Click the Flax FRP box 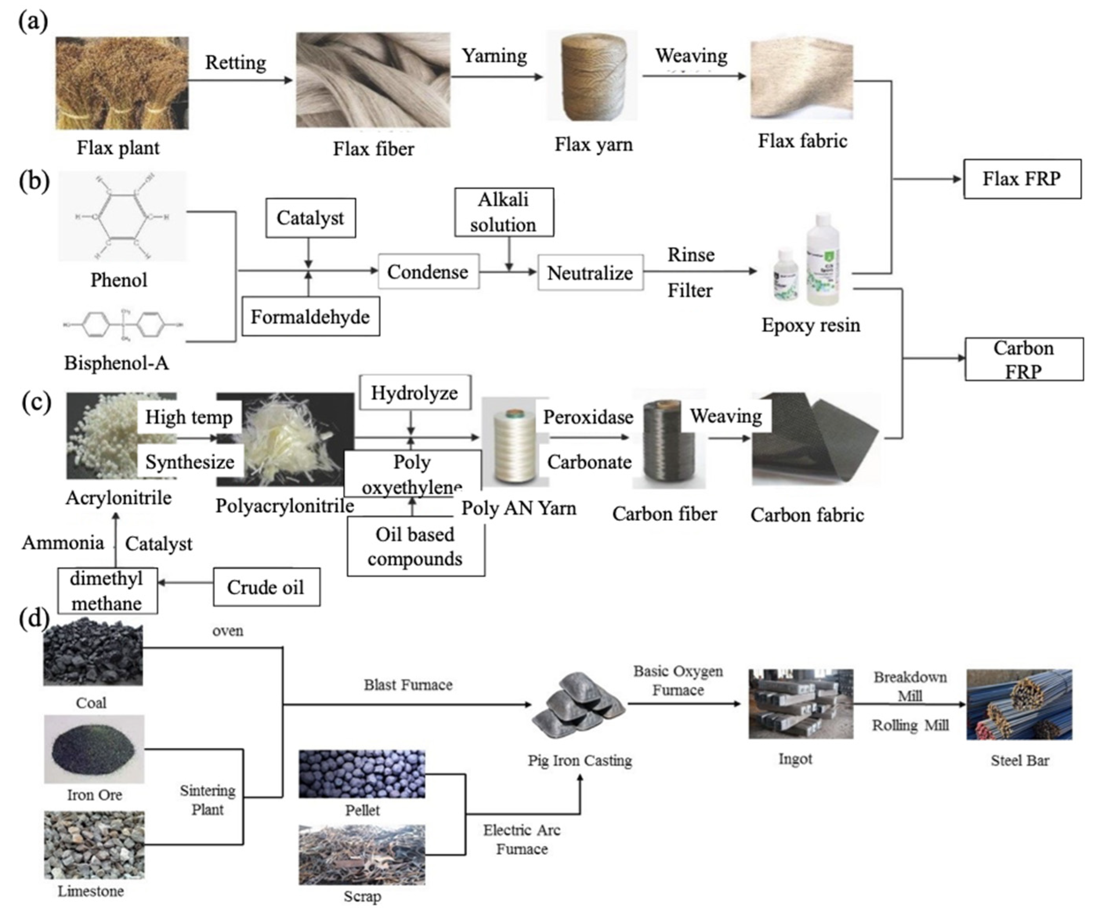point(1022,179)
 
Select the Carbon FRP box point(1023,359)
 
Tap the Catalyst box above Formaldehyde point(311,218)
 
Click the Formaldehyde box point(311,316)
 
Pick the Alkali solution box point(504,212)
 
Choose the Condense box point(428,271)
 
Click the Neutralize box point(590,273)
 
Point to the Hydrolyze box point(415,393)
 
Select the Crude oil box point(266,587)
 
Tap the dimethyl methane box point(107,590)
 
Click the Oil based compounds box point(415,546)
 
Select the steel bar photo point(1019,704)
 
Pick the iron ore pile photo point(94,748)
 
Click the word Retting point(235,63)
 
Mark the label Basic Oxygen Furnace point(678,681)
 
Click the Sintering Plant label point(207,800)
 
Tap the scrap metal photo point(362,854)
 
